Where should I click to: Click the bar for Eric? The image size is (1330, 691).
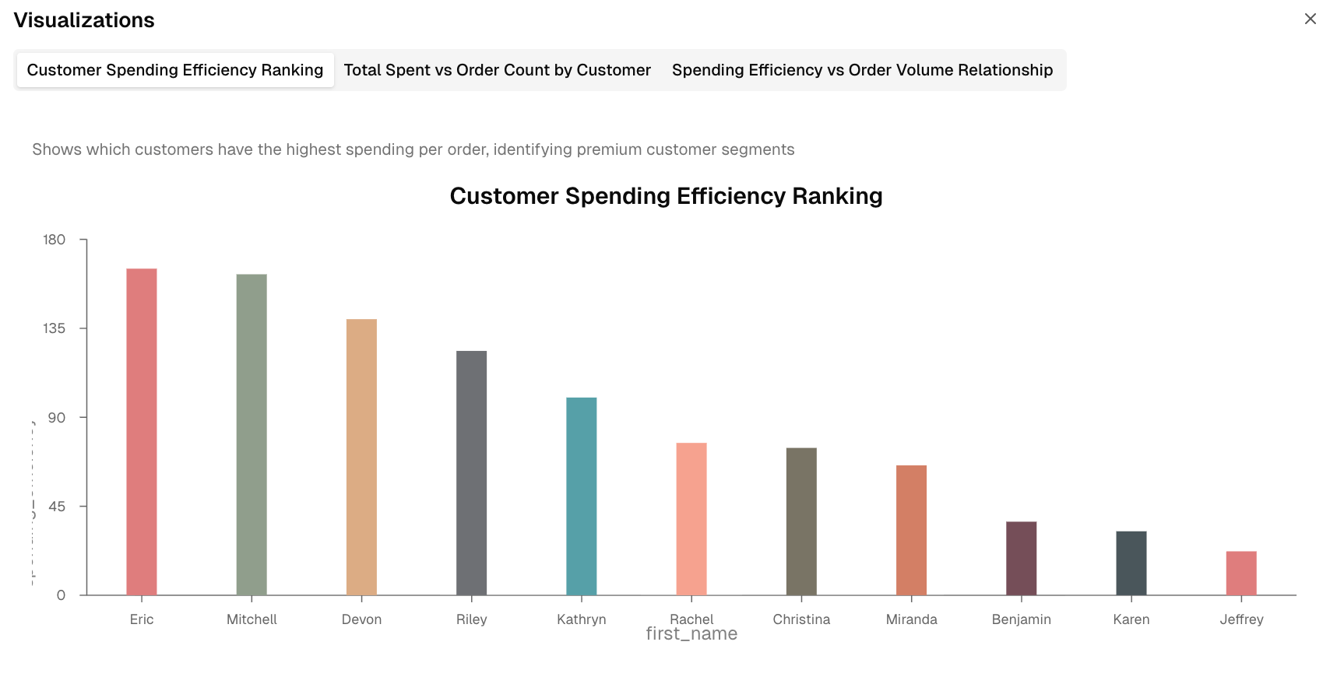142,432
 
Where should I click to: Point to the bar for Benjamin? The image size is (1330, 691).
1022,558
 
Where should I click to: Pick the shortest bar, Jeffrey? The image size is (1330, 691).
1241,573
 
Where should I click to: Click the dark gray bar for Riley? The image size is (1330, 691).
472,473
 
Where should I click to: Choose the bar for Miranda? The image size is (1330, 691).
911,530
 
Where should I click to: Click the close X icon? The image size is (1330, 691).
1311,19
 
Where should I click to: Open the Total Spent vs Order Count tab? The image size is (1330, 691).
497,70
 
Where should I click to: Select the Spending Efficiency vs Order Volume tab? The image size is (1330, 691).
862,70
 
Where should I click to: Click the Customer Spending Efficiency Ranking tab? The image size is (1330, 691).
175,70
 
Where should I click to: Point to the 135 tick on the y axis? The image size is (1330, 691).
55,328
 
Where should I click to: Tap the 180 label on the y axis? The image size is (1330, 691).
55,240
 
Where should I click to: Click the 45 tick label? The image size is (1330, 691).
57,507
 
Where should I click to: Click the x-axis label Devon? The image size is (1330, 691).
362,619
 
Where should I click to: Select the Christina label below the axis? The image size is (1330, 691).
801,619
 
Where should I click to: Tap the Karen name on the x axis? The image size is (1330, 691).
1131,619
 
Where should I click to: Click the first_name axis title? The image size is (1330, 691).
691,634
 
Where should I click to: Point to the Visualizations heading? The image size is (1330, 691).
84,20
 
